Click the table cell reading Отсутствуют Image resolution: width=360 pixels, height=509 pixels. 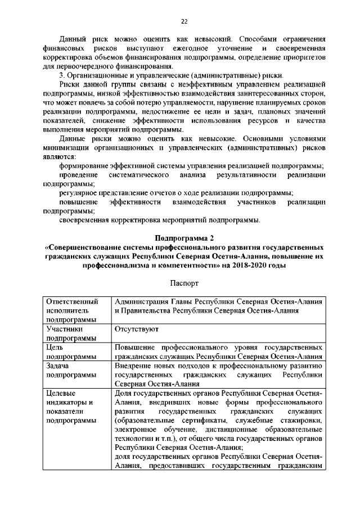click(x=137, y=327)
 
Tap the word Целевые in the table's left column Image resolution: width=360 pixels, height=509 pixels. click(x=61, y=392)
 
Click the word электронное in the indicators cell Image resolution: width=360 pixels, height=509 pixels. click(x=137, y=429)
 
